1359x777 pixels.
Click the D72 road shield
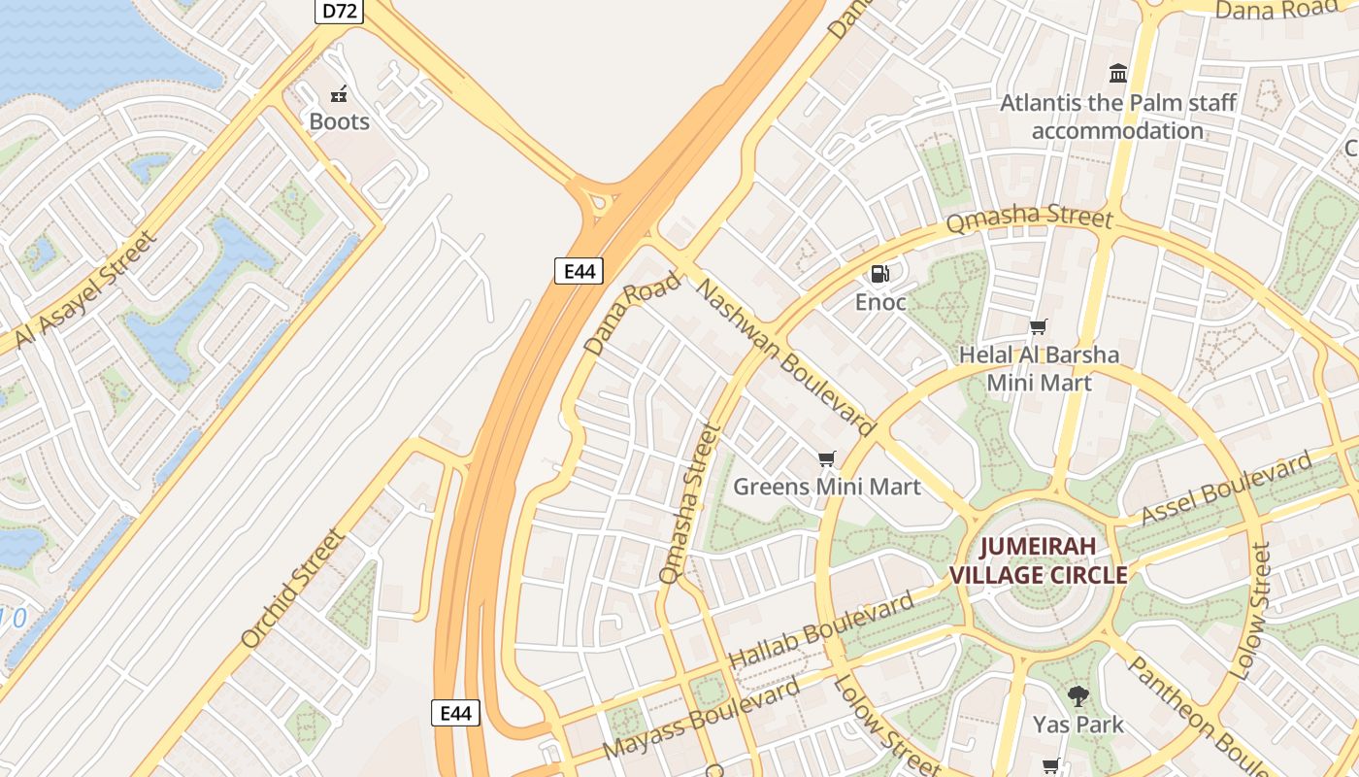pos(338,11)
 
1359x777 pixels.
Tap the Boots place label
pos(339,121)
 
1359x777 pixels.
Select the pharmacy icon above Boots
pos(339,94)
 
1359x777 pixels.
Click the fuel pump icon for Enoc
pos(879,274)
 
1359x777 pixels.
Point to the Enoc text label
pos(880,302)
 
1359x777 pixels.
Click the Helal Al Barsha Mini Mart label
pos(1039,368)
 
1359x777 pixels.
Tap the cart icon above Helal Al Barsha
pos(1039,327)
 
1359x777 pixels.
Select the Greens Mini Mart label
pos(826,486)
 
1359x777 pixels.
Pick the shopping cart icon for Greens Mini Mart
pos(826,458)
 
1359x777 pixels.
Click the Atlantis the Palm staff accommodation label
pos(1118,117)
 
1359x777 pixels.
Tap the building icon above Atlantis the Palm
pos(1118,74)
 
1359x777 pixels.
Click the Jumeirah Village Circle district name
pos(1038,560)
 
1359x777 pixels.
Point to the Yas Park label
pos(1077,724)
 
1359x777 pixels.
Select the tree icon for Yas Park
pos(1077,695)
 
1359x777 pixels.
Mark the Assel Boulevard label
pos(1226,488)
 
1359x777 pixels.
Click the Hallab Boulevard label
pos(820,629)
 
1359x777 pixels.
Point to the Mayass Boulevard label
pos(701,719)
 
